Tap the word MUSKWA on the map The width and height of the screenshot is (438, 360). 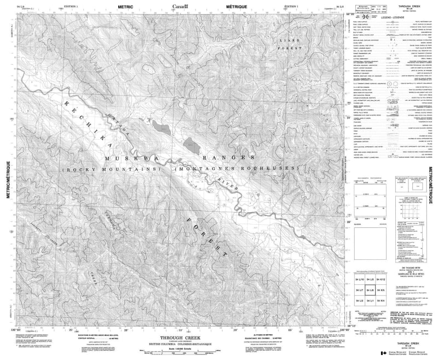click(118, 157)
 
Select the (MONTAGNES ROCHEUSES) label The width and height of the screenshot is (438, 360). click(237, 168)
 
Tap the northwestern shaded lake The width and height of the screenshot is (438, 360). click(160, 127)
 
